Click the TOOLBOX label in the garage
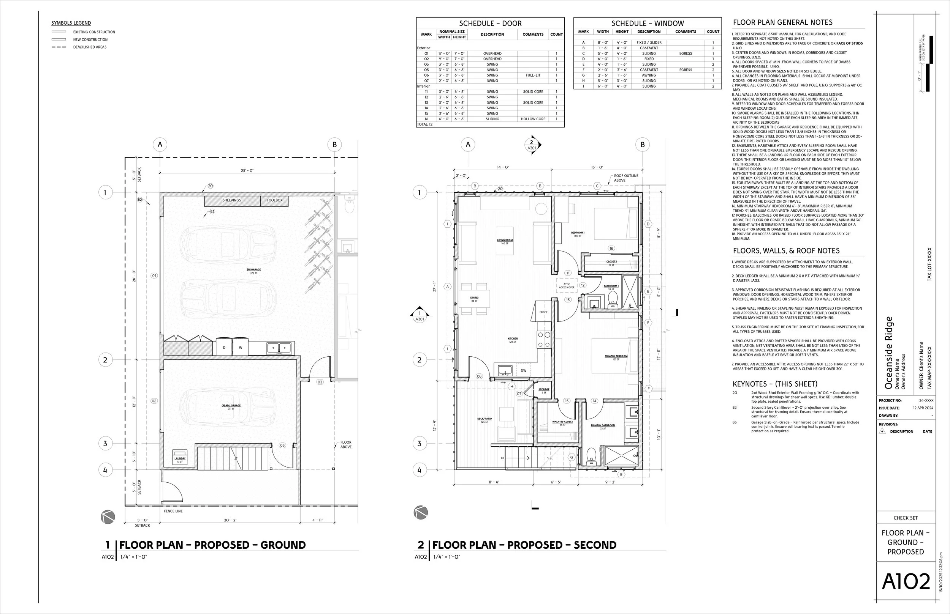tap(274, 200)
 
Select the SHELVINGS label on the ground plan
tap(231, 200)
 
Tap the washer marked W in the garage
tap(240, 348)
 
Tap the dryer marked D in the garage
tap(224, 348)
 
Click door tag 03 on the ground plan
tap(320, 382)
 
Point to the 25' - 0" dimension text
tap(247, 171)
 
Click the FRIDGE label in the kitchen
tap(543, 312)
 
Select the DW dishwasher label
tap(523, 370)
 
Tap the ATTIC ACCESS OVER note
tap(567, 286)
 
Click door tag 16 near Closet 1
tap(611, 249)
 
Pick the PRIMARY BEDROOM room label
tap(616, 356)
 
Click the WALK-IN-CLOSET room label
tap(562, 422)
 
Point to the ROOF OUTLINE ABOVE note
tap(626, 178)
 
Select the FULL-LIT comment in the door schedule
tap(533, 75)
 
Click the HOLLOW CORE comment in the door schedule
tap(533, 119)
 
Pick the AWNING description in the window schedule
tap(649, 75)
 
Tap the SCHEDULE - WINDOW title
tap(648, 23)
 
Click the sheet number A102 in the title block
tap(906, 581)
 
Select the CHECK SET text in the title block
tap(905, 518)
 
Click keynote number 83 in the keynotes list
tap(735, 422)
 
